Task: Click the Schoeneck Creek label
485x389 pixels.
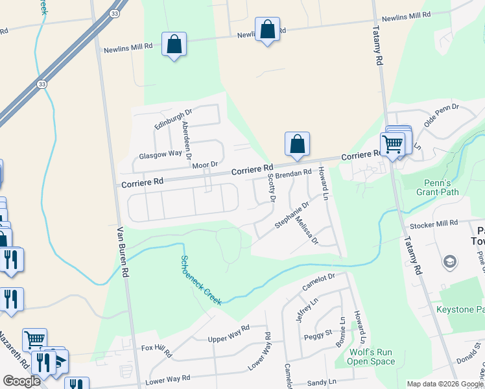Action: click(201, 280)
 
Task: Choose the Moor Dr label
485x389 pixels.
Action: click(205, 165)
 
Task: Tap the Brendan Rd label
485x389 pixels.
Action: click(294, 174)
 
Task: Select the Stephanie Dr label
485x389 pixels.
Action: click(292, 213)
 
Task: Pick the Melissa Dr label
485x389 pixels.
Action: click(307, 230)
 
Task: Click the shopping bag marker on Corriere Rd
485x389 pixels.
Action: click(297, 145)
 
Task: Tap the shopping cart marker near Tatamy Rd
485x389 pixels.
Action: click(393, 144)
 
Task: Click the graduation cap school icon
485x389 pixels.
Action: click(449, 261)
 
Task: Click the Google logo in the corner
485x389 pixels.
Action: click(21, 381)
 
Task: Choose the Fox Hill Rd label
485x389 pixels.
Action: click(156, 351)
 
